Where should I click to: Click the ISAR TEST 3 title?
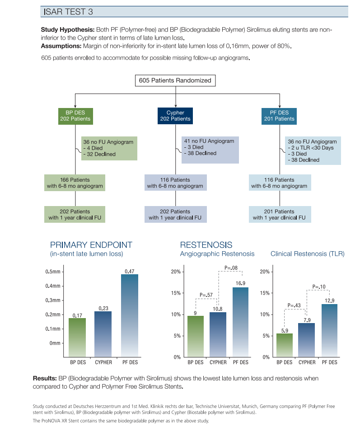[68, 12]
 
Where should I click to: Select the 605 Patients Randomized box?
[175, 80]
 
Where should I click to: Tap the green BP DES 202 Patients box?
[75, 116]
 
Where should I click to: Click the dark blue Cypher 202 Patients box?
[175, 116]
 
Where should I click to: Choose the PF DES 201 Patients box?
[279, 116]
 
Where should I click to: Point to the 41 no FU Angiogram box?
[210, 150]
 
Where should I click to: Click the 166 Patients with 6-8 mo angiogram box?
[75, 183]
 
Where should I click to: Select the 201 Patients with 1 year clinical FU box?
[280, 214]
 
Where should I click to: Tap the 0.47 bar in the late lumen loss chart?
[130, 315]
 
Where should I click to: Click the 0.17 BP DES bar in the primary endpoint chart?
[77, 338]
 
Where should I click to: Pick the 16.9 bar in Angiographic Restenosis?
[240, 322]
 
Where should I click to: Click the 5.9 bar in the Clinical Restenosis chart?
[285, 345]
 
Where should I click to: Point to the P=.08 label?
[231, 268]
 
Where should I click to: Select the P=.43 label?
[294, 305]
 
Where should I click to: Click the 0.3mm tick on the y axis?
[53, 300]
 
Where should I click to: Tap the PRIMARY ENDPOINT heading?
[91, 245]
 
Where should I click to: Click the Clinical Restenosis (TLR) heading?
[308, 253]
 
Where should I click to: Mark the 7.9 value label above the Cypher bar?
[307, 320]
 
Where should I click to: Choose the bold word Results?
[45, 378]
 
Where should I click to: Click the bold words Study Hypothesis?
[67, 30]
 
